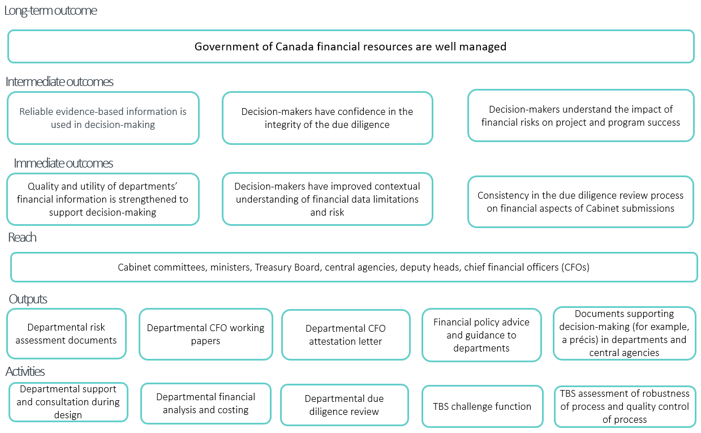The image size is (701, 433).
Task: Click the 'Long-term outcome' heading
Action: (50, 11)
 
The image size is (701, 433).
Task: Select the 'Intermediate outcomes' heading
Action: (59, 82)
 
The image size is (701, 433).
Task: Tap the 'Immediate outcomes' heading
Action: (63, 163)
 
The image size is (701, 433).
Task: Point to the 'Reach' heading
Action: (23, 238)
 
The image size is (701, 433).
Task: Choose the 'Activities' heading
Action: (25, 372)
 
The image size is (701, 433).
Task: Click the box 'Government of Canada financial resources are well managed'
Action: (350, 46)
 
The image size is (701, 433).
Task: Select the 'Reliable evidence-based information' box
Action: (103, 118)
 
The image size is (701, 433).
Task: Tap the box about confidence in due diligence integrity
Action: (327, 118)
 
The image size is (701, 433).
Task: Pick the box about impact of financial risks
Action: (580, 115)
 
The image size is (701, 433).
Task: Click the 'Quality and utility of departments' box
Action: (103, 199)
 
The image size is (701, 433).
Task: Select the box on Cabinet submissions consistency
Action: (580, 202)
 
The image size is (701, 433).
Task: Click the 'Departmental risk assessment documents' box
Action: (66, 334)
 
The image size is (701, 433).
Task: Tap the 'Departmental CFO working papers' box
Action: (205, 335)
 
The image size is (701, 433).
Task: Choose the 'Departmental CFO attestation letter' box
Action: (345, 335)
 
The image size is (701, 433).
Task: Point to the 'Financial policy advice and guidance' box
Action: (481, 335)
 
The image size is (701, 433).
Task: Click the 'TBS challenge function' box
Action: (482, 406)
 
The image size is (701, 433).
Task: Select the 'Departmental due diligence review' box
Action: (344, 405)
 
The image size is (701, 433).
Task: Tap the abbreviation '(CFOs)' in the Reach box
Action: (572, 267)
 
